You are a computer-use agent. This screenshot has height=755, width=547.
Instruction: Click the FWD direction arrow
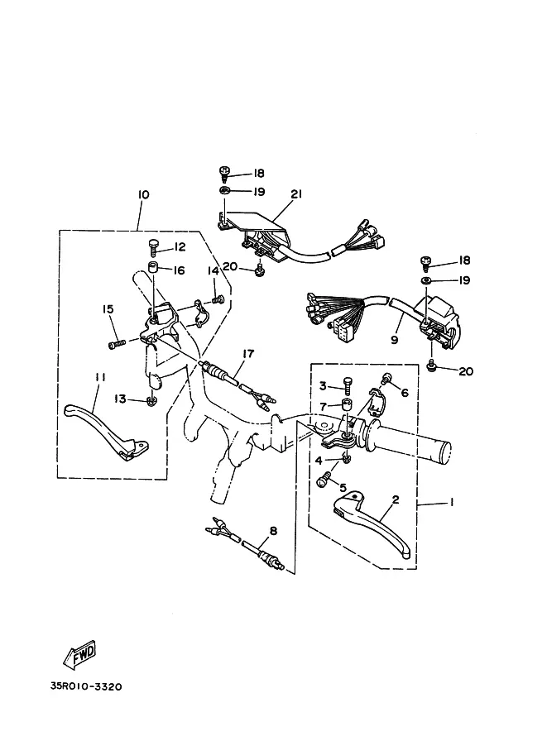coord(80,655)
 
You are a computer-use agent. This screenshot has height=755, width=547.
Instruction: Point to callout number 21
coord(295,194)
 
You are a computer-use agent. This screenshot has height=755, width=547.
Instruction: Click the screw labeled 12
coord(154,245)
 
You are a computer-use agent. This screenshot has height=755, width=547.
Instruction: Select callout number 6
coord(405,393)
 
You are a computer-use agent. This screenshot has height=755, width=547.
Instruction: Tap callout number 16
coord(179,270)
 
